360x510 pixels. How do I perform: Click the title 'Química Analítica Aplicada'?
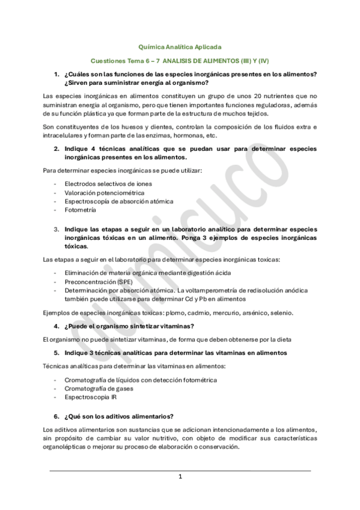(x=180, y=46)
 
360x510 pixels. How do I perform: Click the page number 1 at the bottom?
(x=180, y=476)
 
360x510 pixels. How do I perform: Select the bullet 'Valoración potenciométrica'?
(x=99, y=192)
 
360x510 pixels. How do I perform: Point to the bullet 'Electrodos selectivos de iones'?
(x=108, y=183)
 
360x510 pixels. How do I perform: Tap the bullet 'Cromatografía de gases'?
(x=99, y=389)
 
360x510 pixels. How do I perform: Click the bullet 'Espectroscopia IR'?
(x=90, y=397)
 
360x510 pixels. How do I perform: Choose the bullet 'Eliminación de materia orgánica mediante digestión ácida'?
(x=148, y=271)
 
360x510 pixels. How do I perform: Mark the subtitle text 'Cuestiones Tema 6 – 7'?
(x=125, y=61)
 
